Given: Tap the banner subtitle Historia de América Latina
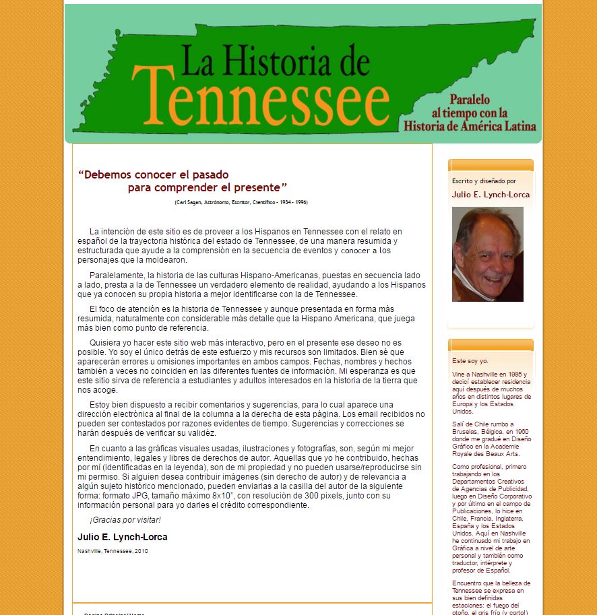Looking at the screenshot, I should [470, 126].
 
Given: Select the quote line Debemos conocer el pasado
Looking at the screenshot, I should [154, 174].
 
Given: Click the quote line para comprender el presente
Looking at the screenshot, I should [208, 187].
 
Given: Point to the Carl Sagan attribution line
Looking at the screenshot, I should [241, 202].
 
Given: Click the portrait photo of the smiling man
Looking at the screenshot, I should [487, 254].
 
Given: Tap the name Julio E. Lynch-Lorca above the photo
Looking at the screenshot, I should [491, 195].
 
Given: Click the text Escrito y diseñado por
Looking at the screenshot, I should [484, 181].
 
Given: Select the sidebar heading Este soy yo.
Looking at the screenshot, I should [470, 361].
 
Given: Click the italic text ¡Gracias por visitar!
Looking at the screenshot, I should [125, 520].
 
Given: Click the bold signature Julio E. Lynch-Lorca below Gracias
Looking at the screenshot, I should [123, 537].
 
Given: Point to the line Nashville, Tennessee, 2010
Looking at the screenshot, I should [113, 551].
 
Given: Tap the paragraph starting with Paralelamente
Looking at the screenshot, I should [251, 284].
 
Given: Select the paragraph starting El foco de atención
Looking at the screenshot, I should [245, 318].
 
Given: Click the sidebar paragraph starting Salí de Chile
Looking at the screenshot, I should [491, 439].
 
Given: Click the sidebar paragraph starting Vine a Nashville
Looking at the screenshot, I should [491, 393].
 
